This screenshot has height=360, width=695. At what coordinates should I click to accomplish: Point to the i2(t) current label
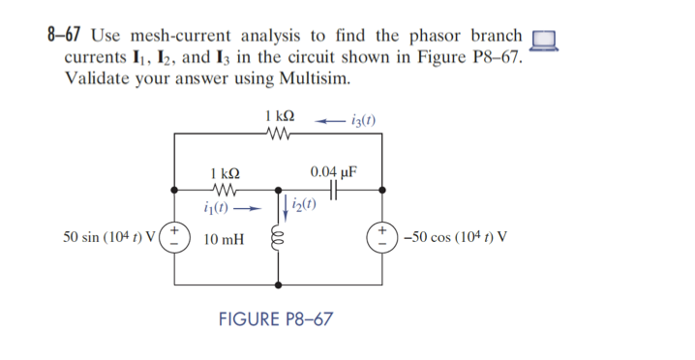click(x=310, y=204)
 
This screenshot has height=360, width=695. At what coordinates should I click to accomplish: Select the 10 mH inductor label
click(x=225, y=238)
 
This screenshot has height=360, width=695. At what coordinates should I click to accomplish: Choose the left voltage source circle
click(x=175, y=237)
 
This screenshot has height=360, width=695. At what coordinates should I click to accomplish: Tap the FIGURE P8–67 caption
click(x=278, y=318)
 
